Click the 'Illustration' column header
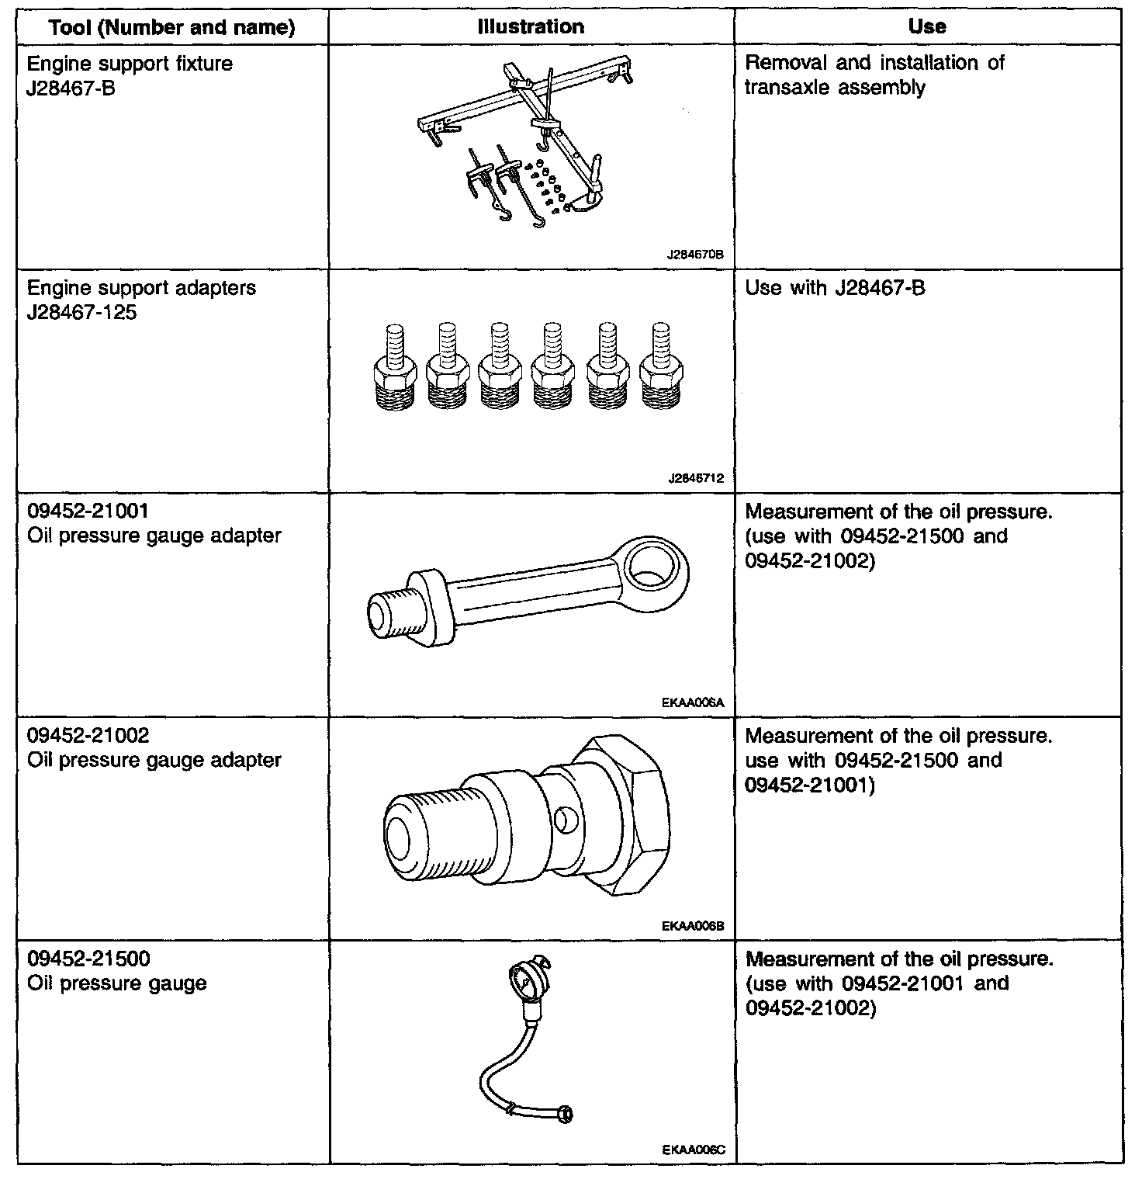pyautogui.click(x=531, y=27)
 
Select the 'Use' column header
pyautogui.click(x=927, y=27)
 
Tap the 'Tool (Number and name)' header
pyautogui.click(x=171, y=28)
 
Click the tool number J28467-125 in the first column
pyautogui.click(x=81, y=313)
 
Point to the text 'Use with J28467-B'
pyautogui.click(x=835, y=289)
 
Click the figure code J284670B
pyautogui.click(x=695, y=254)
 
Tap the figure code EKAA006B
pyautogui.click(x=694, y=926)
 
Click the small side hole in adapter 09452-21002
pyautogui.click(x=566, y=820)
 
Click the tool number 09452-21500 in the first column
pyautogui.click(x=88, y=959)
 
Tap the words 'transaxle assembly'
pyautogui.click(x=835, y=87)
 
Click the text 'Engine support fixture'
pyautogui.click(x=130, y=63)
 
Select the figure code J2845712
pyautogui.click(x=695, y=478)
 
